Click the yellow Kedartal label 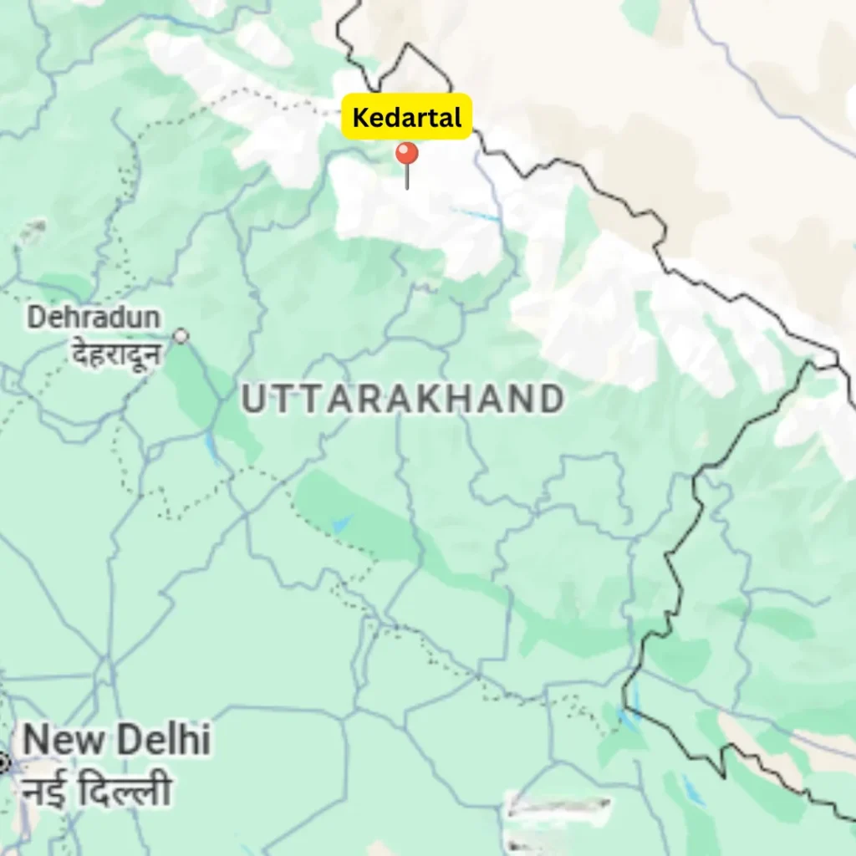[x=407, y=117]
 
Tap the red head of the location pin [x=407, y=155]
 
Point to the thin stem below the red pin [x=407, y=178]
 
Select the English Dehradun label [x=94, y=318]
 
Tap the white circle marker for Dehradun [x=181, y=336]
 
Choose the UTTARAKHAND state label [x=402, y=400]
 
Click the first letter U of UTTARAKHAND [x=253, y=400]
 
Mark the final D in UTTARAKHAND [x=550, y=400]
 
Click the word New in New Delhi [x=64, y=741]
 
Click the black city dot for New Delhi [x=3, y=762]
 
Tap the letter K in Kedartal [x=359, y=118]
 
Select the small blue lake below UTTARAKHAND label [x=341, y=523]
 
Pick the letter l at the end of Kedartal [x=457, y=117]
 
